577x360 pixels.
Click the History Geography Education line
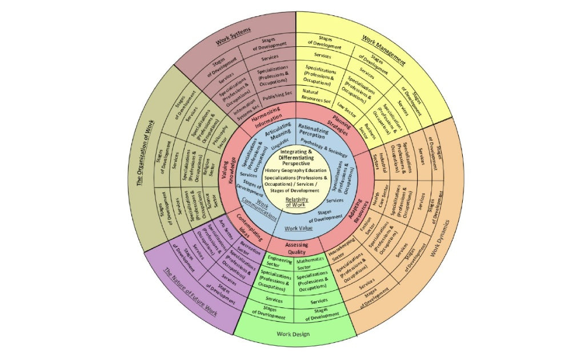click(295, 170)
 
